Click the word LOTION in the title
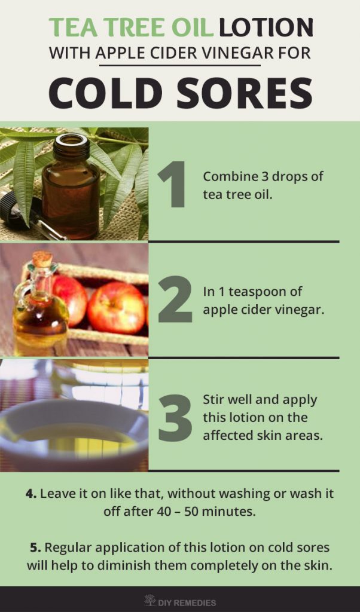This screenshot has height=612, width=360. [x=266, y=27]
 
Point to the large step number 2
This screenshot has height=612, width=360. [x=175, y=299]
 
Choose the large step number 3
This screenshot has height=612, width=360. [x=175, y=418]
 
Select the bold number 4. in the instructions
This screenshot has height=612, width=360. [x=31, y=493]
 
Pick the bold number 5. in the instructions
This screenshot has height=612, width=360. [x=35, y=547]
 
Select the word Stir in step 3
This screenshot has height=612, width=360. [x=213, y=400]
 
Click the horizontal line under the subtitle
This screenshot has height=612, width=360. [x=180, y=65]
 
